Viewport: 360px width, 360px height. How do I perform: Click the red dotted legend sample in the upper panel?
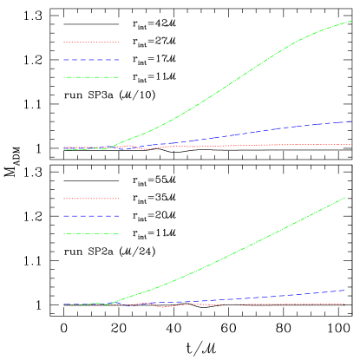pos(91,42)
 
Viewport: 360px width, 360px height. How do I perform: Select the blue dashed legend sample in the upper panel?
pos(91,60)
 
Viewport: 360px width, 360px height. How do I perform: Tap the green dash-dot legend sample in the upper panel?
pos(91,77)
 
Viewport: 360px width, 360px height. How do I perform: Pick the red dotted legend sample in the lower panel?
pos(91,198)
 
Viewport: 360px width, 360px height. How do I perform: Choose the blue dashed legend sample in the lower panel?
pos(91,216)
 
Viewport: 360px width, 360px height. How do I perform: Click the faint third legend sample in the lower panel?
pos(91,233)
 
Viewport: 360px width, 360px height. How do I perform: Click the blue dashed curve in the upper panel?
pos(260,131)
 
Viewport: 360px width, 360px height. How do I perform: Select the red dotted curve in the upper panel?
pos(260,145)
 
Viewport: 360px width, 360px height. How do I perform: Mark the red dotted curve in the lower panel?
pos(260,304)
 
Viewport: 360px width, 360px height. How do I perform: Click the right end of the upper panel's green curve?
pos(351,22)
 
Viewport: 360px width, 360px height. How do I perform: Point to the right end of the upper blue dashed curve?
pos(351,121)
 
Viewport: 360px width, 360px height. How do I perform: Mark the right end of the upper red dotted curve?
pos(351,144)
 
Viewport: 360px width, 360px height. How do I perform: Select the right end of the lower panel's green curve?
pos(345,197)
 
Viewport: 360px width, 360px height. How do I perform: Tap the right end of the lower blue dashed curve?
pos(345,290)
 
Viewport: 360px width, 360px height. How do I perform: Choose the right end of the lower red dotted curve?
pos(345,304)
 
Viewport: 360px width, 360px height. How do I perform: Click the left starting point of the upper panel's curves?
pos(63,148)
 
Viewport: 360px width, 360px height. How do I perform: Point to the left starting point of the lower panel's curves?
pos(63,304)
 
